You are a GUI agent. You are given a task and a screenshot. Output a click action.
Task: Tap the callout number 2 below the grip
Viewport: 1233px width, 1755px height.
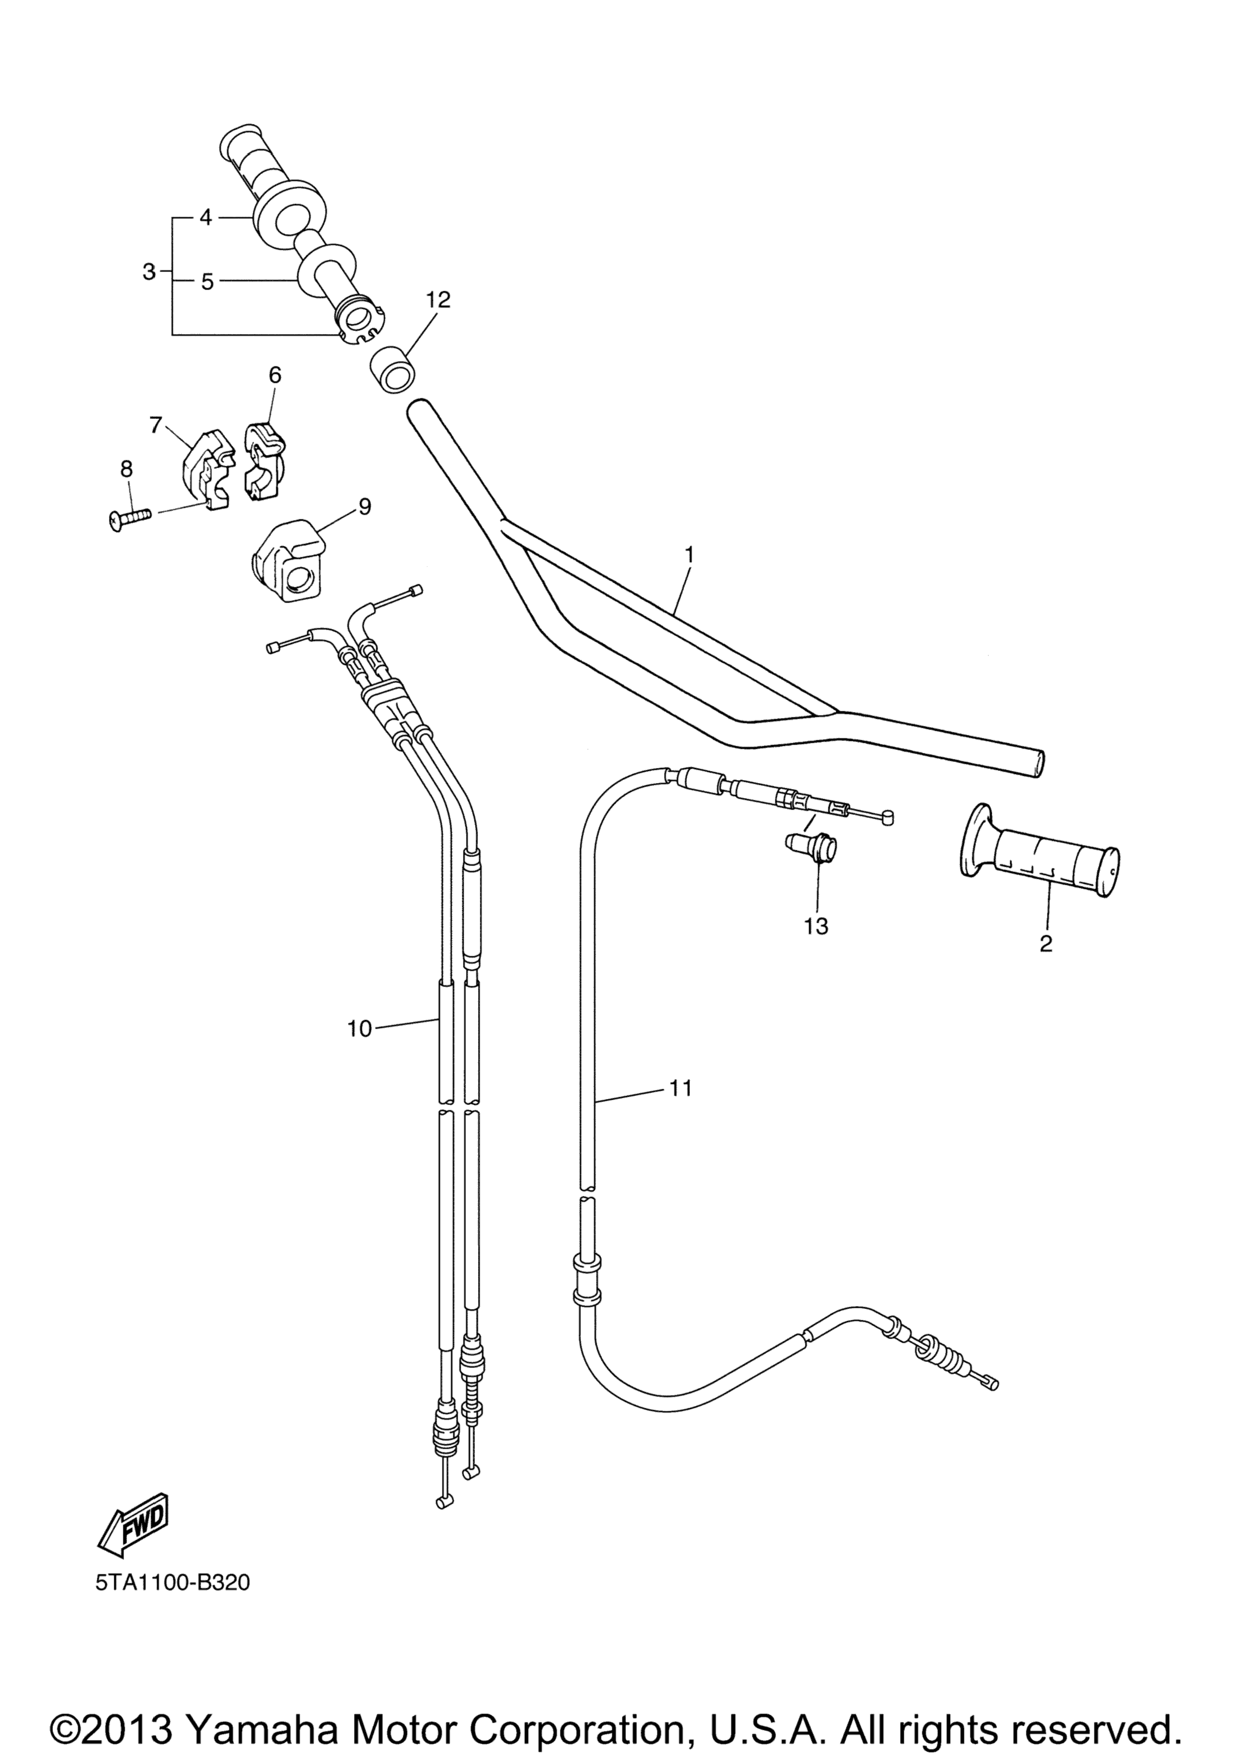[x=1046, y=943]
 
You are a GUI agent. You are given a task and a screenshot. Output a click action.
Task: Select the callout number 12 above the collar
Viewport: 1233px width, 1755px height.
[x=438, y=299]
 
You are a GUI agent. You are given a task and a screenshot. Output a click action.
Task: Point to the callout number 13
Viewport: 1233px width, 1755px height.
[x=816, y=926]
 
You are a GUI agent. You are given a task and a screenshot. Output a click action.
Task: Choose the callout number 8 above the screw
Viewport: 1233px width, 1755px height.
[x=126, y=467]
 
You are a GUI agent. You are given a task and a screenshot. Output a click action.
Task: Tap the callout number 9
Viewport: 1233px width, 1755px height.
[x=365, y=506]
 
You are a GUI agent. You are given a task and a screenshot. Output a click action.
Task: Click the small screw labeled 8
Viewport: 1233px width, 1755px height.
[x=128, y=520]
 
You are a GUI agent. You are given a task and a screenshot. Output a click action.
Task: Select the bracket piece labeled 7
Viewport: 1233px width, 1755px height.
[x=207, y=470]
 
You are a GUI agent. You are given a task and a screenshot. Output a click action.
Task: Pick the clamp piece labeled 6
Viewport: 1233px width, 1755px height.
[x=264, y=461]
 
